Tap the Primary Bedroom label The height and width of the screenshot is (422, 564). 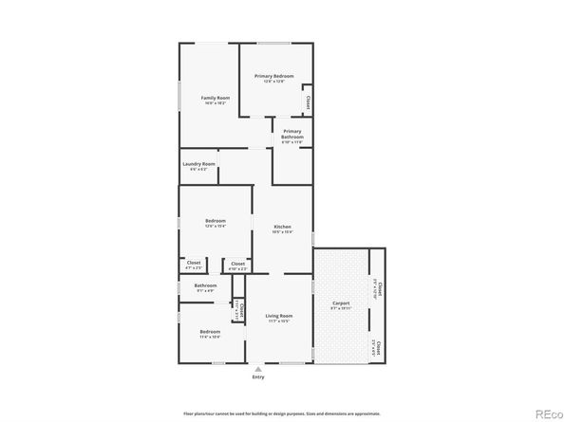pyautogui.click(x=273, y=77)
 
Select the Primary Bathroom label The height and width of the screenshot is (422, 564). pyautogui.click(x=292, y=134)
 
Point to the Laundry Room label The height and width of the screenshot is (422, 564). pyautogui.click(x=199, y=164)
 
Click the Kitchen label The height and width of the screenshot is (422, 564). pyautogui.click(x=283, y=227)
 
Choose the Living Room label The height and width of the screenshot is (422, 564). pyautogui.click(x=278, y=316)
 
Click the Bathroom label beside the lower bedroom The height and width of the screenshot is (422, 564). pyautogui.click(x=206, y=285)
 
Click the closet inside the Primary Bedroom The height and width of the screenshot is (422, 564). pyautogui.click(x=307, y=101)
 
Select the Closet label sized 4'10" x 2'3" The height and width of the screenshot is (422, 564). pyautogui.click(x=237, y=264)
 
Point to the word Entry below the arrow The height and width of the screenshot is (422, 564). pyautogui.click(x=258, y=377)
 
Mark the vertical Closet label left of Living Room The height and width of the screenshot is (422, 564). pyautogui.click(x=241, y=310)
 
